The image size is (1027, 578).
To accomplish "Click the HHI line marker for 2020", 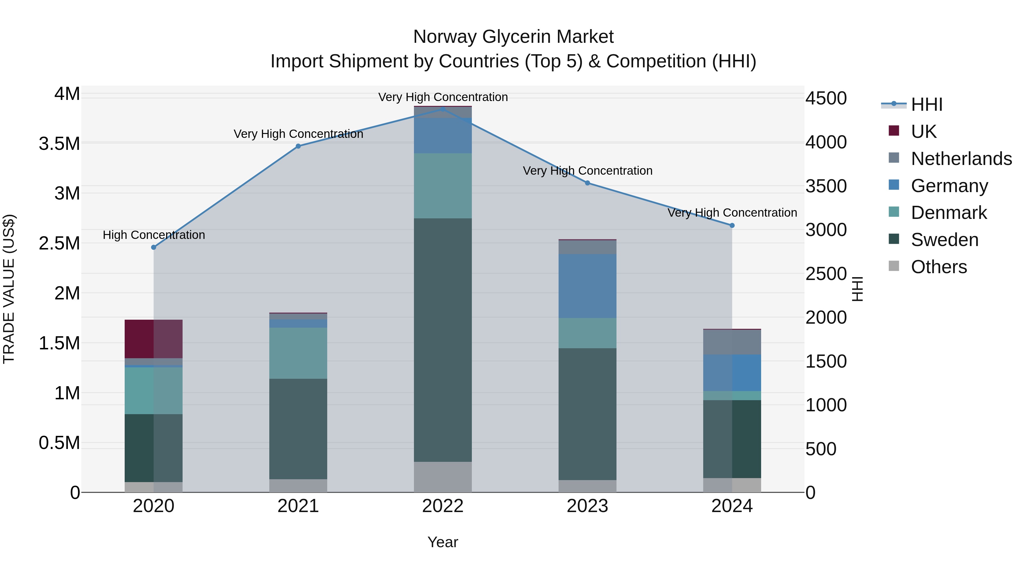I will point(153,247).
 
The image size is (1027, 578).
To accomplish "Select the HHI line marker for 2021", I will point(298,146).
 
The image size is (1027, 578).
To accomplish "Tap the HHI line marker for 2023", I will point(587,183).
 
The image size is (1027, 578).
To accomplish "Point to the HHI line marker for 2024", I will point(732,225).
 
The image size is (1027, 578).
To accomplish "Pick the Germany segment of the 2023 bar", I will point(587,286).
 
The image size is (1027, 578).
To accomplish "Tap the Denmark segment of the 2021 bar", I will point(298,353).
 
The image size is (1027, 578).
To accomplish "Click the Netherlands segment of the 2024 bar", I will point(732,342).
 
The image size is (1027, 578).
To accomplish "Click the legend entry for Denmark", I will point(949,213).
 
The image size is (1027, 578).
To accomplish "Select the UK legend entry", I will point(923,131).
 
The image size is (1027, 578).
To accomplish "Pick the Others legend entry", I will point(939,267).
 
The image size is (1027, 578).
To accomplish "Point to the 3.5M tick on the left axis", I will point(59,144).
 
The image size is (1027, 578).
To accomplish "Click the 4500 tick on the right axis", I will point(826,98).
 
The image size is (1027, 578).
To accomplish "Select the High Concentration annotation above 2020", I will point(154,235).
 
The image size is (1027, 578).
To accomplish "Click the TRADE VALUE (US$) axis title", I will point(9,289).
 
